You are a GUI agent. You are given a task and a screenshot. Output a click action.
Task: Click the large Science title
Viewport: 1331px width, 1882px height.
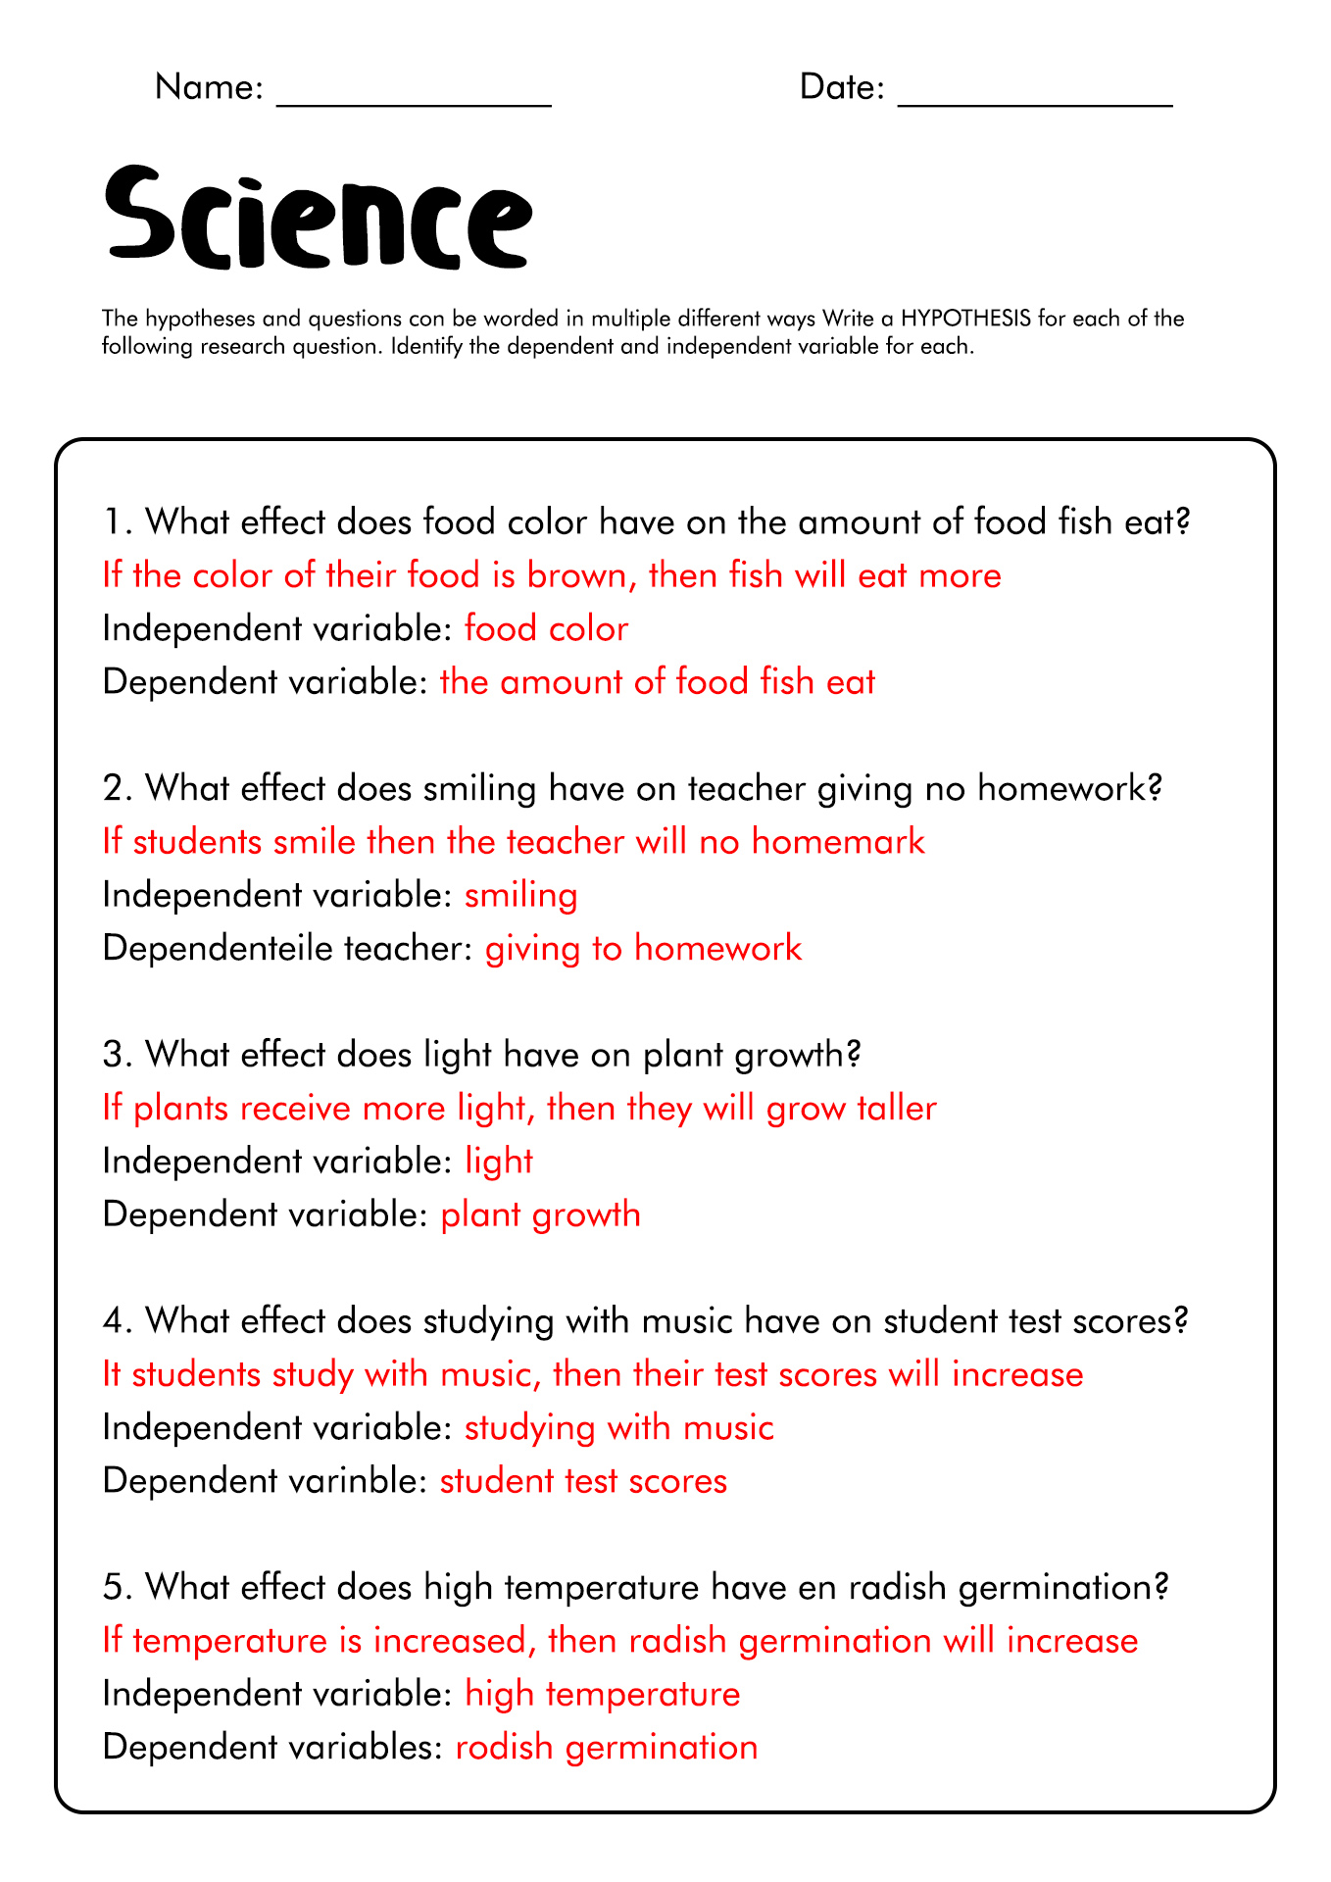tap(319, 218)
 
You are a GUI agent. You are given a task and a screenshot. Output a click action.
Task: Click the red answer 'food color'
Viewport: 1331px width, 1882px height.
tap(546, 628)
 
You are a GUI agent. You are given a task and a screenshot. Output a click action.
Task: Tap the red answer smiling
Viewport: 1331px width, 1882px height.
tap(520, 896)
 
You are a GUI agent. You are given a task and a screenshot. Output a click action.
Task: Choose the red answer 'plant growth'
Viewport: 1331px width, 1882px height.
tap(540, 1215)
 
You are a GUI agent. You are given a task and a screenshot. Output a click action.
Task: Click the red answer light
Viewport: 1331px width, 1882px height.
tap(498, 1162)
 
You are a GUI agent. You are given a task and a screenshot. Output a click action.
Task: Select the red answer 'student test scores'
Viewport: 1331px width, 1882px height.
tap(583, 1481)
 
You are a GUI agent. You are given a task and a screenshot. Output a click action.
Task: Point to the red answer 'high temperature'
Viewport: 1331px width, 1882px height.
tap(602, 1695)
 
